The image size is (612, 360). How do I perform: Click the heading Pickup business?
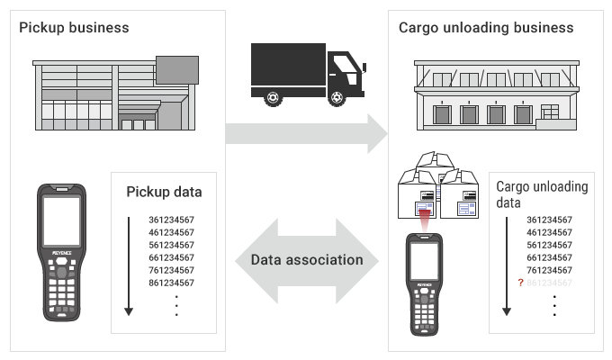[74, 27]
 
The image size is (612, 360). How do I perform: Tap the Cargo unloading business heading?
[486, 27]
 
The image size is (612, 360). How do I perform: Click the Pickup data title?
[164, 192]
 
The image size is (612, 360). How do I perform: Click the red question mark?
[519, 283]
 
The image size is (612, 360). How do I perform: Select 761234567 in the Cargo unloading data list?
[549, 270]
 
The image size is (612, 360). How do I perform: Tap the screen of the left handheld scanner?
[61, 221]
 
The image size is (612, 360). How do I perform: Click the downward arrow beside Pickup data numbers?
[129, 265]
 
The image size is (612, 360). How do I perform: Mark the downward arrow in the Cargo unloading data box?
[507, 265]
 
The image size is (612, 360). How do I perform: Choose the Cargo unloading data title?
[542, 194]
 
